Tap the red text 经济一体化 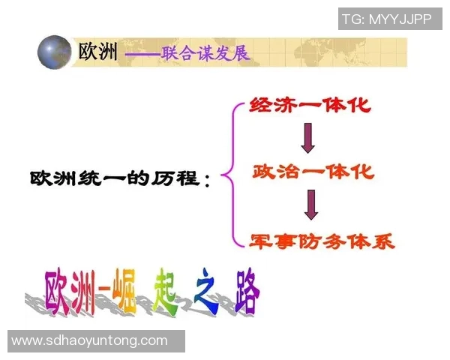click(x=310, y=104)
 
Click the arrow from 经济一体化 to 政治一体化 click(x=307, y=138)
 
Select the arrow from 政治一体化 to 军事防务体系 click(x=311, y=205)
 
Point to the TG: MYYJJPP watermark click(x=387, y=19)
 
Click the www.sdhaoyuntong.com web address click(x=90, y=340)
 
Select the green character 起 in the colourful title click(x=168, y=289)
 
